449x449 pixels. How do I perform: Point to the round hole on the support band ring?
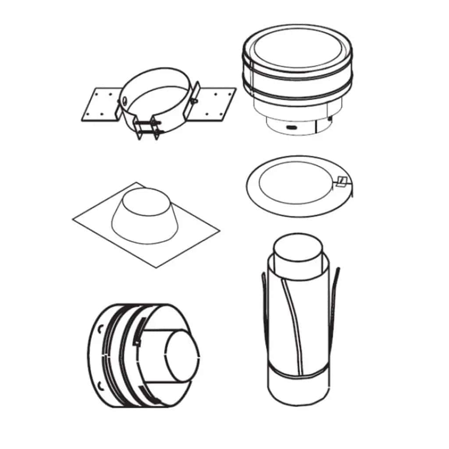click(x=124, y=100)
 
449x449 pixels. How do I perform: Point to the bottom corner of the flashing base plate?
click(x=157, y=266)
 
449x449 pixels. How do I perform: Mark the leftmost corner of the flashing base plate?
click(x=74, y=219)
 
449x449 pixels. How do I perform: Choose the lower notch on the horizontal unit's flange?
click(x=102, y=386)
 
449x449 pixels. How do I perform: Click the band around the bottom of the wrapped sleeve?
click(x=298, y=375)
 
